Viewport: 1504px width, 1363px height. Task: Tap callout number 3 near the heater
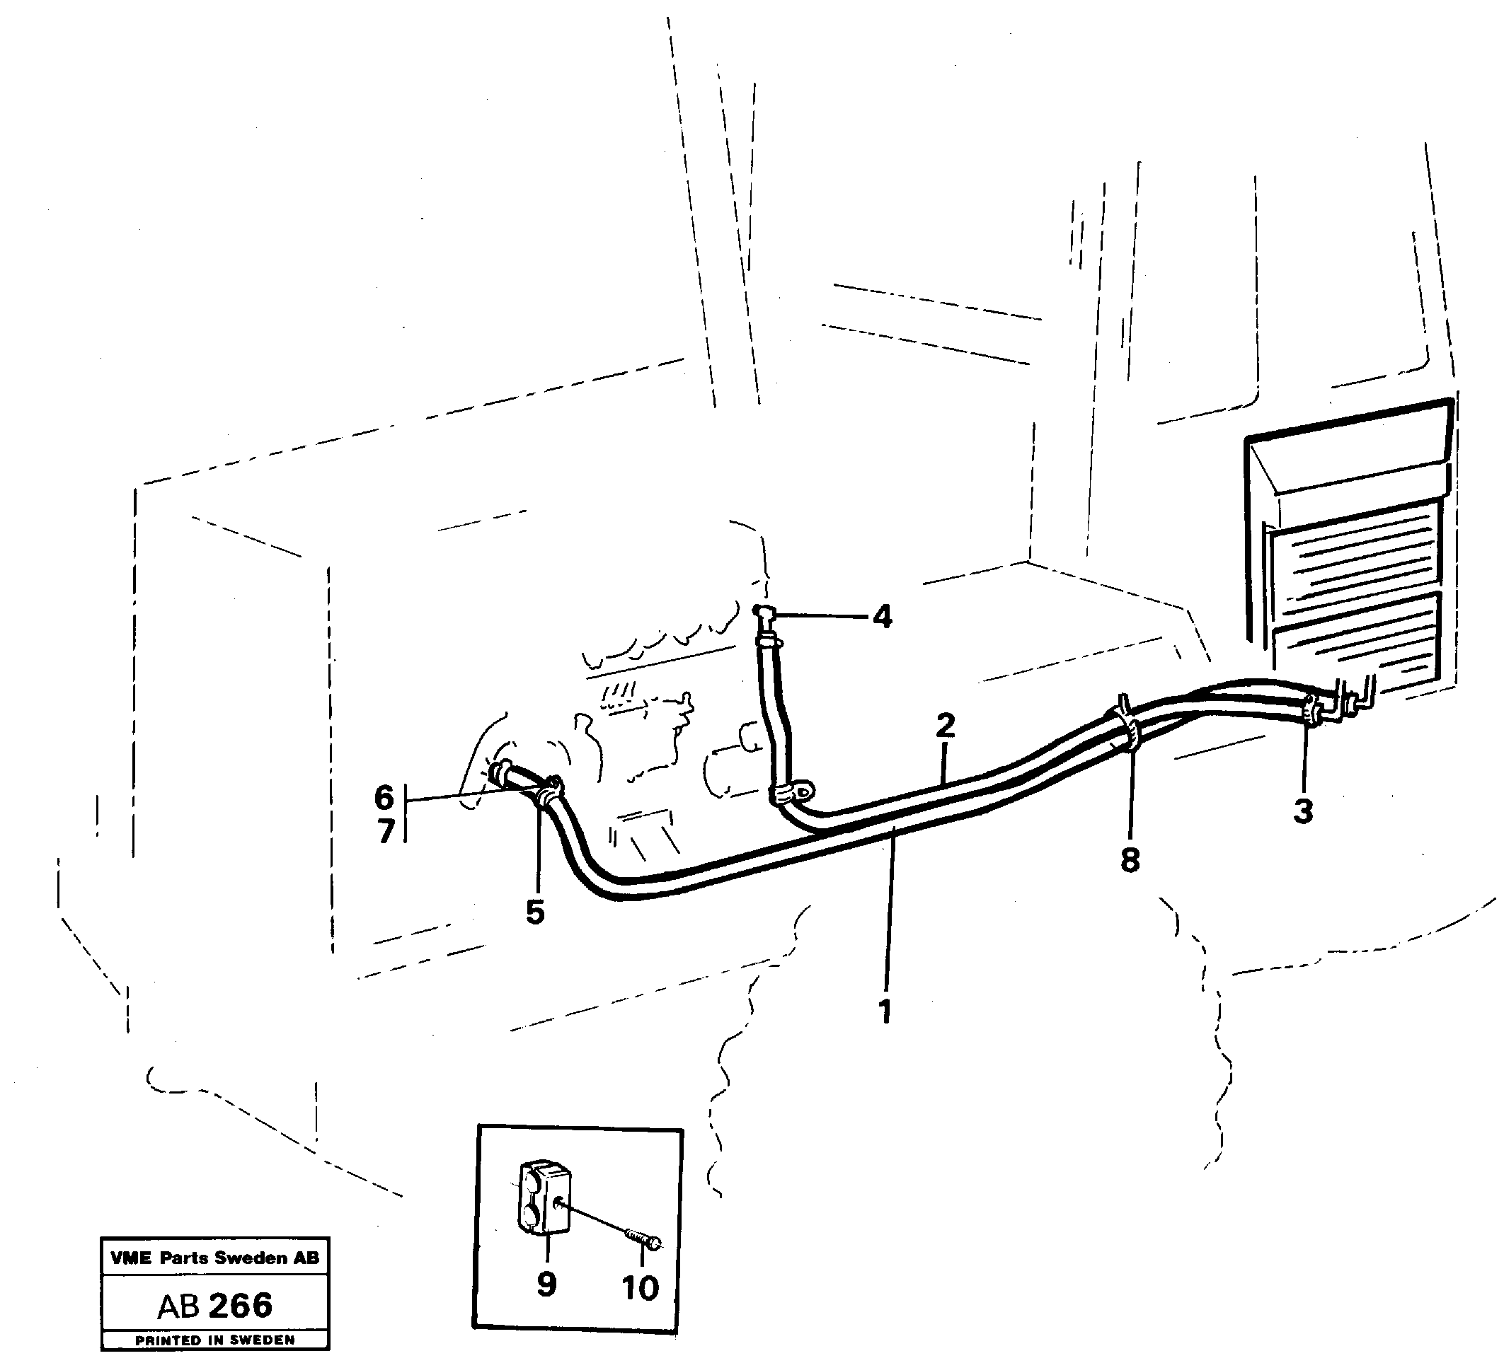click(x=1303, y=811)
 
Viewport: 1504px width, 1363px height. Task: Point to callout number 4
click(x=882, y=617)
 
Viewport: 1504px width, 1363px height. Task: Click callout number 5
click(x=535, y=912)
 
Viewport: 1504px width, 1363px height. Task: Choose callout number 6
click(x=384, y=798)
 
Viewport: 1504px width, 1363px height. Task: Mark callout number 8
click(x=1130, y=860)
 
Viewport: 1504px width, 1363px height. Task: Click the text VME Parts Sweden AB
click(x=215, y=1258)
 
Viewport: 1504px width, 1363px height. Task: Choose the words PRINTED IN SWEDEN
click(x=215, y=1340)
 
